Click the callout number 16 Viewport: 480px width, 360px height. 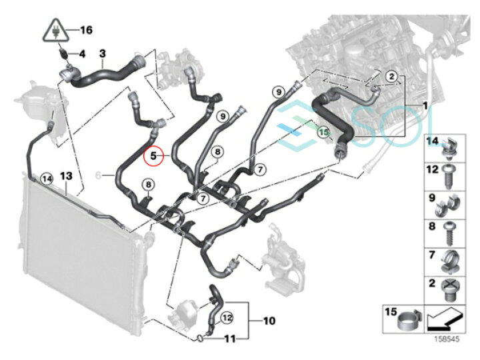(85, 30)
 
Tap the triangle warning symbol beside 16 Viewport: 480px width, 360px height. (56, 31)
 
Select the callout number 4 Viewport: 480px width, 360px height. (82, 53)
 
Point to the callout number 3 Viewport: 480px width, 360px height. (102, 53)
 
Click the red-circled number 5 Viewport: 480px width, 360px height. (153, 156)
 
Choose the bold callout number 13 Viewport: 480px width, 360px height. (65, 176)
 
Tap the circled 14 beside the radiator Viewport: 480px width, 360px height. (46, 178)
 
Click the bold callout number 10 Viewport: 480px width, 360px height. (269, 321)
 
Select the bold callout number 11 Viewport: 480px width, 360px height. (230, 339)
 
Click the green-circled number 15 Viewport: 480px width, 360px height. (323, 132)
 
